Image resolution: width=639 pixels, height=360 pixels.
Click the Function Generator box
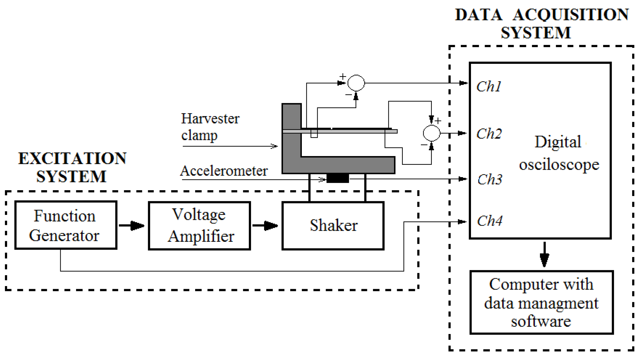66,225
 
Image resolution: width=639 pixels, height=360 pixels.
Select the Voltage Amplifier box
199,226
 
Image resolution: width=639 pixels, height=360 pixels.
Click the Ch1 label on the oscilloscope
489,87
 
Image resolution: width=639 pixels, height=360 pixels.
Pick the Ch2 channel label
489,134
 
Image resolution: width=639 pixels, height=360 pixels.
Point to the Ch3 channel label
490,180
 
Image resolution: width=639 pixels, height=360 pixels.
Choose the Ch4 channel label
490,221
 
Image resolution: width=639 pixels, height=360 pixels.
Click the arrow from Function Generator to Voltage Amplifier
132,226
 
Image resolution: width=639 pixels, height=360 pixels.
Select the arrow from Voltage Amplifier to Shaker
265,226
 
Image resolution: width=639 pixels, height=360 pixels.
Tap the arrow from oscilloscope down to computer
544,255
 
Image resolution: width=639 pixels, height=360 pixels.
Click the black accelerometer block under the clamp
337,178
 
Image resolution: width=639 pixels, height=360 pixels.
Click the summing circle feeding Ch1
356,83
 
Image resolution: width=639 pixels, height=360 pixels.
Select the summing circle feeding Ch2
431,133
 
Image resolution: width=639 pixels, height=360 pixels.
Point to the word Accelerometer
224,171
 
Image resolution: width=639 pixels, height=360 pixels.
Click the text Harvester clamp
210,127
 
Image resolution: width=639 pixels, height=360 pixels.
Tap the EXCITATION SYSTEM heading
72,167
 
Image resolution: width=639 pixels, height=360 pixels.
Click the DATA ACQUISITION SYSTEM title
541,24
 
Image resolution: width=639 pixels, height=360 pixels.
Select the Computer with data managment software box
541,302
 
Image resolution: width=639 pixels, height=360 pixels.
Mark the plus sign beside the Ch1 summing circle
343,76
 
